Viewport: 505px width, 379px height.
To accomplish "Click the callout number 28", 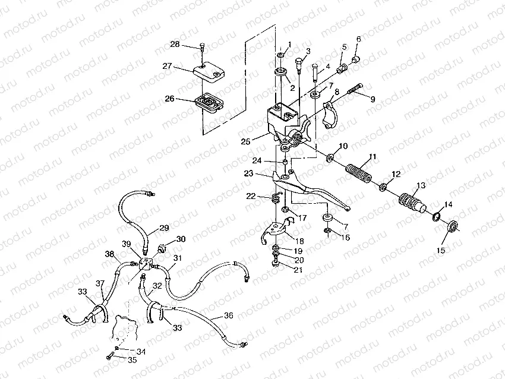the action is coord(175,44).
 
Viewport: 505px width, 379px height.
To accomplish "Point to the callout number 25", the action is coord(245,141).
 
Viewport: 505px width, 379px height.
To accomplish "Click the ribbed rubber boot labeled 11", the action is coord(358,173).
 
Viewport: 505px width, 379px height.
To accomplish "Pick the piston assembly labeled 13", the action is coord(412,202).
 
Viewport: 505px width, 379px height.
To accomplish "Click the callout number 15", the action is coord(441,250).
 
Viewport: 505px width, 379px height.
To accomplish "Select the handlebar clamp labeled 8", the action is coord(331,115).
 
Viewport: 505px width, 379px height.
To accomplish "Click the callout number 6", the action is coord(358,39).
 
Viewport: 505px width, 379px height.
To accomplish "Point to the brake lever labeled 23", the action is coord(311,190).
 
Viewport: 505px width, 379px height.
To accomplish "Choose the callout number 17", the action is coord(302,218).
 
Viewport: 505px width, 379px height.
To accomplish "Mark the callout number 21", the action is coord(298,269).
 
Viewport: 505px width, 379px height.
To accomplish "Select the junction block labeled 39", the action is coord(146,263).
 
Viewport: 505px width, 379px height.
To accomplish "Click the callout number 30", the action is coord(181,239).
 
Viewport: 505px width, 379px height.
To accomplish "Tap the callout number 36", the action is coord(228,315).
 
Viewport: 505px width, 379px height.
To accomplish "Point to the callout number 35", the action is coord(132,360).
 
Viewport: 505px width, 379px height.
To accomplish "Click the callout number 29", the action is coord(164,228).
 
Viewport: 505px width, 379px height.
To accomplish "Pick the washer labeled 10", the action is coord(330,158).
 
